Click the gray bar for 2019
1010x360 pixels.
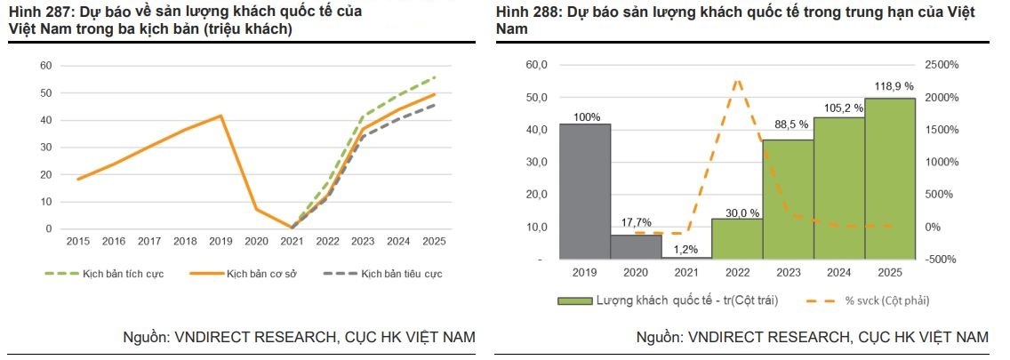pyautogui.click(x=584, y=191)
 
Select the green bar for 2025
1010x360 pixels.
pyautogui.click(x=890, y=178)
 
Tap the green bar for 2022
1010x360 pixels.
pyautogui.click(x=737, y=238)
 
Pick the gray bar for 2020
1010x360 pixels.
pyautogui.click(x=636, y=246)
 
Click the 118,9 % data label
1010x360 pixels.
pyautogui.click(x=890, y=86)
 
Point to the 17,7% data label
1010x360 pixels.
pyautogui.click(x=636, y=222)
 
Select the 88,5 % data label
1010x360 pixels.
pyautogui.click(x=788, y=127)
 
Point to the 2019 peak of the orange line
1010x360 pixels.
pyautogui.click(x=220, y=116)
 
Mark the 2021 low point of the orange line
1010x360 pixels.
pyautogui.click(x=292, y=228)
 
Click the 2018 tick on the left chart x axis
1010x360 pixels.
pyautogui.click(x=185, y=241)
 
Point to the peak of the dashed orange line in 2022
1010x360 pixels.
pyautogui.click(x=738, y=81)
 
